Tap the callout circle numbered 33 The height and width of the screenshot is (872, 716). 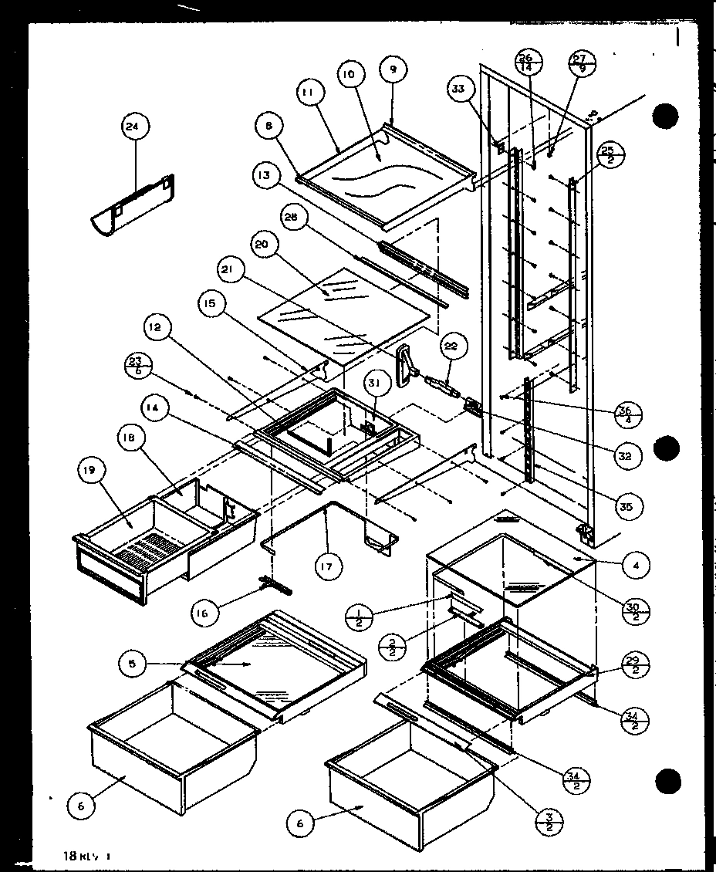[458, 90]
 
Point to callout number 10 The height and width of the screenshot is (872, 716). [348, 75]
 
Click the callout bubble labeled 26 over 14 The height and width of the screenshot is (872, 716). [529, 63]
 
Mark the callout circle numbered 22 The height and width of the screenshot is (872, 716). [450, 346]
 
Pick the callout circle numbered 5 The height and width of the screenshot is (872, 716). [133, 663]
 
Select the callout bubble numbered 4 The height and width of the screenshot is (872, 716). [636, 566]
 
